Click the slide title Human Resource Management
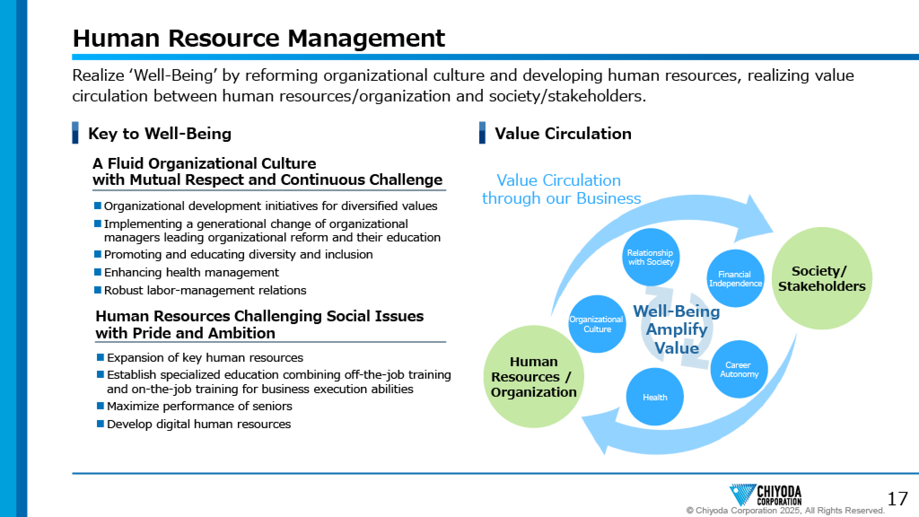coord(258,38)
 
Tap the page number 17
coord(897,499)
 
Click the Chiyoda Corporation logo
coord(766,495)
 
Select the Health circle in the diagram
coord(655,397)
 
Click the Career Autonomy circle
coord(739,369)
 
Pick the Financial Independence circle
coord(735,279)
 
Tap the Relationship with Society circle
coord(651,257)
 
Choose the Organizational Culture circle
coord(597,324)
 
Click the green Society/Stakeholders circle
coord(822,279)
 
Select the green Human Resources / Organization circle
coord(534,377)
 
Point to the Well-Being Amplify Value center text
coord(676,329)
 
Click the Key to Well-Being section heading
coord(160,134)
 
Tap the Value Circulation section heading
coord(563,133)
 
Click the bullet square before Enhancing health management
coord(98,272)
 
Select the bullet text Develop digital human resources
coord(199,424)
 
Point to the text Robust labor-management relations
coord(205,290)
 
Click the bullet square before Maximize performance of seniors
coord(101,406)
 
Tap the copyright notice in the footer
coord(785,510)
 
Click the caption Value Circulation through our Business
coord(561,189)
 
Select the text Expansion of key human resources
coord(205,358)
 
